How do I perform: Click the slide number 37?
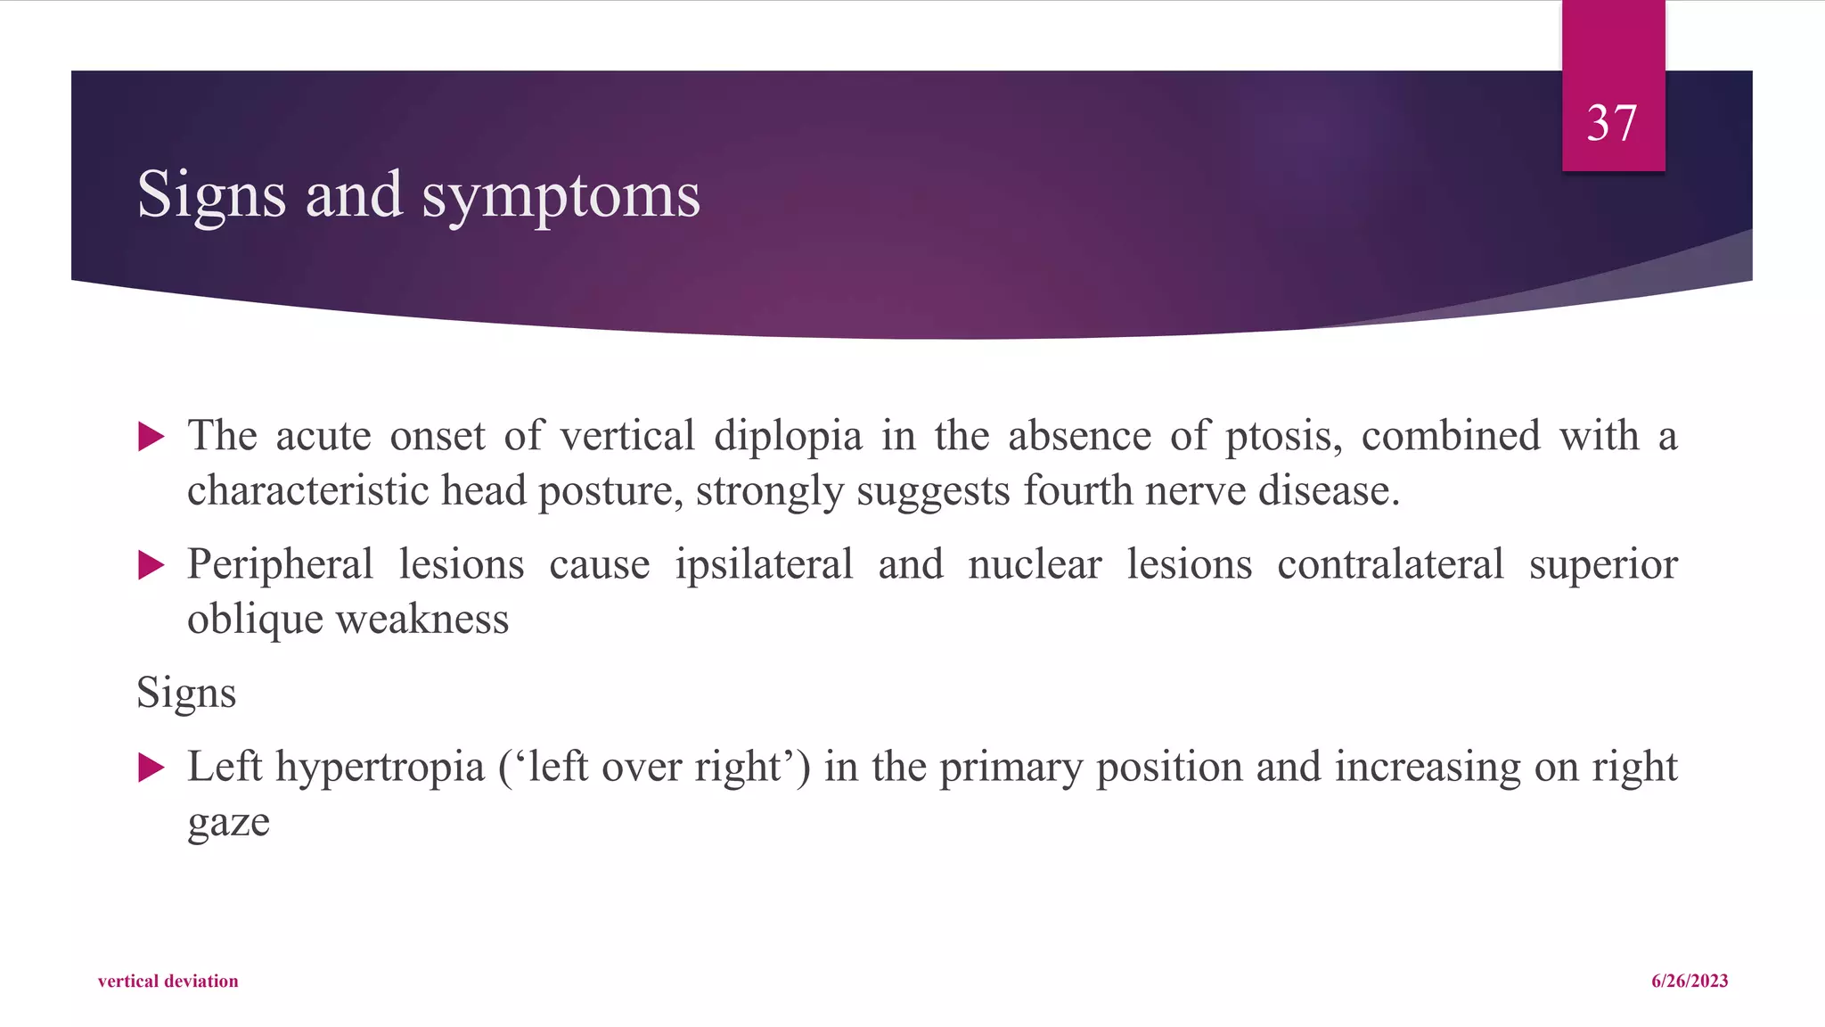[1612, 123]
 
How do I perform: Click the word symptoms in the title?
[561, 195]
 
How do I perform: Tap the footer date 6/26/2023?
[1690, 981]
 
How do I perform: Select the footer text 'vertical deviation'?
[168, 981]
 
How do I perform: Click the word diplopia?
[788, 437]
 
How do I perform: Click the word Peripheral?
[280, 565]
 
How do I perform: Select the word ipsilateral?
[764, 564]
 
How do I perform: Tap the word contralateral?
[1390, 564]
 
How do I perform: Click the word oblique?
[255, 620]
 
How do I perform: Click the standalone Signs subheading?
[186, 693]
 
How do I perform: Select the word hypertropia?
[380, 768]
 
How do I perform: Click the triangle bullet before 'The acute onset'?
[151, 437]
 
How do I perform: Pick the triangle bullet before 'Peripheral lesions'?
[151, 565]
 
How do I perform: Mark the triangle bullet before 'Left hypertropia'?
[151, 768]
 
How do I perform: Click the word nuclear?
[1035, 564]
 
